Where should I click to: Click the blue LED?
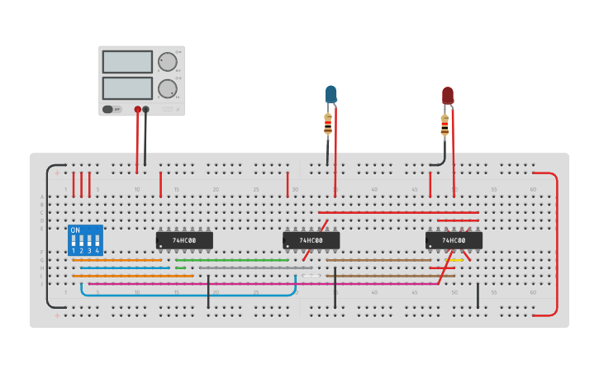coord(331,93)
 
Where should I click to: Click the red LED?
coord(447,95)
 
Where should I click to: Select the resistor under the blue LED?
coord(328,125)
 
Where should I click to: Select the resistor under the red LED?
coord(444,125)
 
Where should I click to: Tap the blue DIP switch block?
coord(85,240)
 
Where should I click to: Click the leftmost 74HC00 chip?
coord(184,240)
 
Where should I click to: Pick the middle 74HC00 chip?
coord(311,240)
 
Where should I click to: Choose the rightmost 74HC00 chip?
coord(454,240)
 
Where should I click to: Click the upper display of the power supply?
coord(127,62)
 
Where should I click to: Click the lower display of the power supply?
coord(127,88)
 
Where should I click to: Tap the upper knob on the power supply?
coord(168,62)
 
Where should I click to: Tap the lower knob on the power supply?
coord(168,88)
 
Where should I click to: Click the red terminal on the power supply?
coord(137,109)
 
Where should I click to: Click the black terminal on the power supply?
coord(146,109)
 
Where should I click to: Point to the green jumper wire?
coord(231,260)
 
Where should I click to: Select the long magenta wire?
coord(248,284)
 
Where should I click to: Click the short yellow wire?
coord(455,260)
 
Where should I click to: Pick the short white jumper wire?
coord(311,276)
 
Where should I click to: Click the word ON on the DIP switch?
coord(75,230)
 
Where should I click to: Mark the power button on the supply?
coord(108,109)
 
